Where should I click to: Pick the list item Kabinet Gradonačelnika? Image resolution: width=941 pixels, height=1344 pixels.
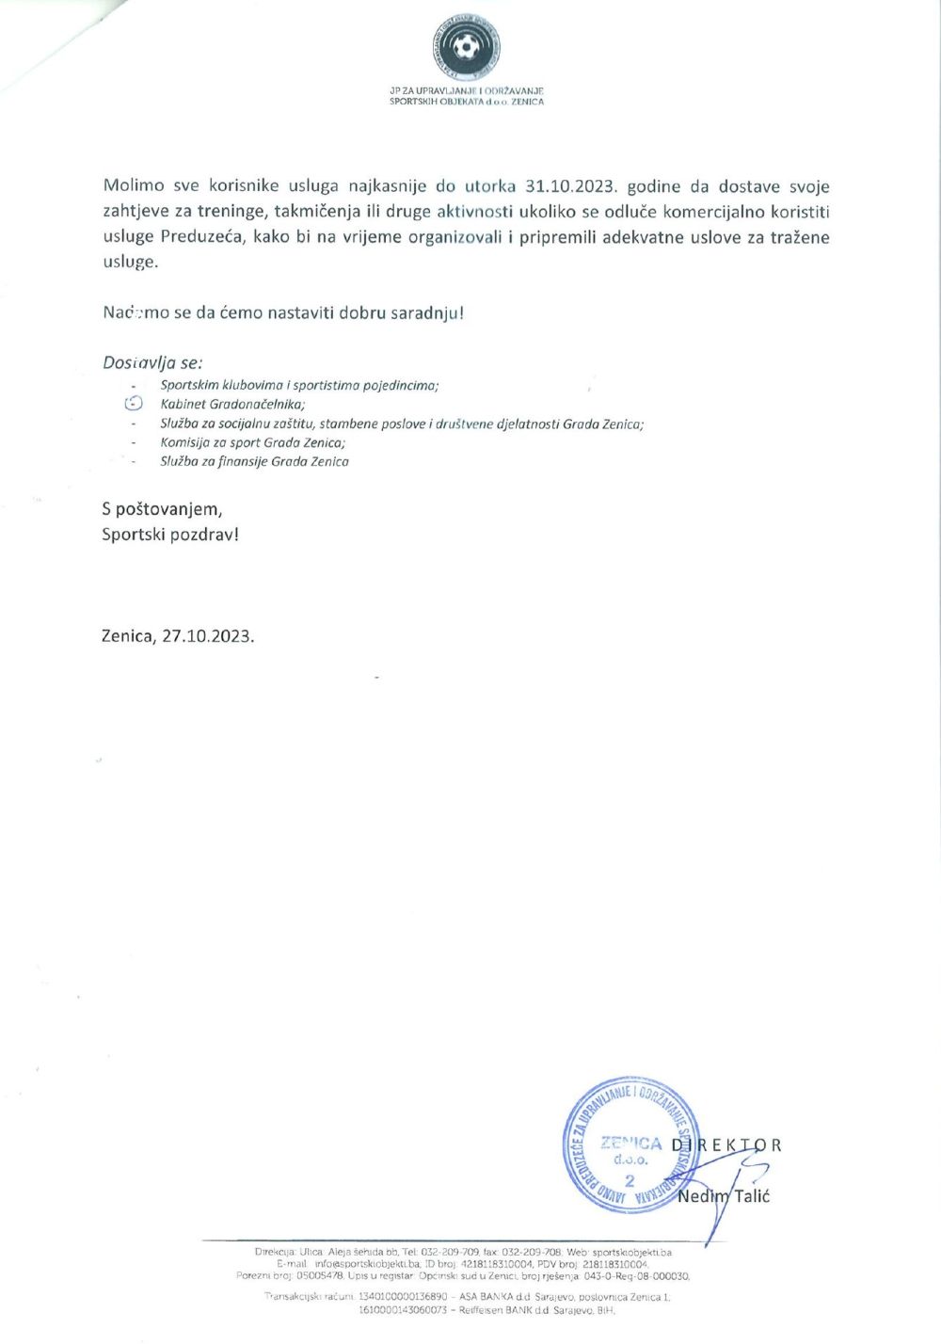pos(232,404)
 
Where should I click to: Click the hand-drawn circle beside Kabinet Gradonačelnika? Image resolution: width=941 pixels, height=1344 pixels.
pos(134,404)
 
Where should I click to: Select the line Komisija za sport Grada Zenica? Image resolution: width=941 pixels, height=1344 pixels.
pos(252,442)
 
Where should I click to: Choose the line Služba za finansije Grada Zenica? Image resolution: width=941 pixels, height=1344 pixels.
pos(254,461)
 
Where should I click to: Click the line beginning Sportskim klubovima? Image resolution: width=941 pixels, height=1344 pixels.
pos(299,385)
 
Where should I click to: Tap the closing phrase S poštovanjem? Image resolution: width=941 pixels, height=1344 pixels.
pos(162,509)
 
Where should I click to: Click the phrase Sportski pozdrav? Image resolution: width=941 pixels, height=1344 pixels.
pos(170,535)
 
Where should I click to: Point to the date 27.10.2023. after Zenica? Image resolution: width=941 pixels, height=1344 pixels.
pos(208,636)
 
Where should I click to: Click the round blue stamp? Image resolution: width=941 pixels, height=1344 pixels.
pos(629,1144)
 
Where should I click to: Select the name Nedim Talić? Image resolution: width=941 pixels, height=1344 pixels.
pos(724,1196)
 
